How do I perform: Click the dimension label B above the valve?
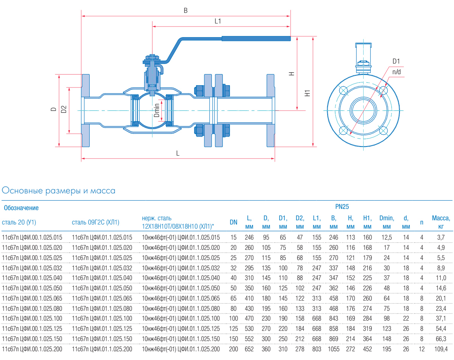[x=185, y=11]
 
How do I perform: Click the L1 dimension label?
[x=218, y=22]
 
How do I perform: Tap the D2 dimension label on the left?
[x=64, y=109]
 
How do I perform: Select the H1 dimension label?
[x=308, y=92]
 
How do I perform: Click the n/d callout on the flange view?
[x=396, y=72]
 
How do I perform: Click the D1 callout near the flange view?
[x=396, y=61]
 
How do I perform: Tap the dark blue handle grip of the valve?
[x=256, y=38]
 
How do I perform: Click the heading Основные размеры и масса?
[x=59, y=191]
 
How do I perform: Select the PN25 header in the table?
[x=342, y=207]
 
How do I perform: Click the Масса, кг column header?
[x=441, y=222]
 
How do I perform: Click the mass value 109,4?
[x=441, y=349]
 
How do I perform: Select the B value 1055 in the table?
[x=333, y=349]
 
